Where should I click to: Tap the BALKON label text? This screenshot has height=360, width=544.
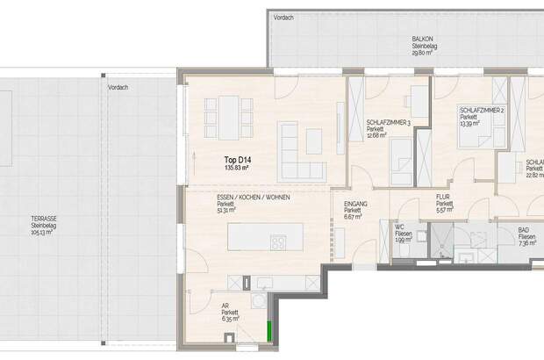click(x=424, y=39)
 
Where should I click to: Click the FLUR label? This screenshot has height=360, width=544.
click(x=444, y=198)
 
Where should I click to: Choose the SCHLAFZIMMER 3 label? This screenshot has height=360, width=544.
click(x=388, y=122)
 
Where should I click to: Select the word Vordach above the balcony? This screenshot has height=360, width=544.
click(x=283, y=17)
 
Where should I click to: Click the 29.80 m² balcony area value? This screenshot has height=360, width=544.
click(x=424, y=53)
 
